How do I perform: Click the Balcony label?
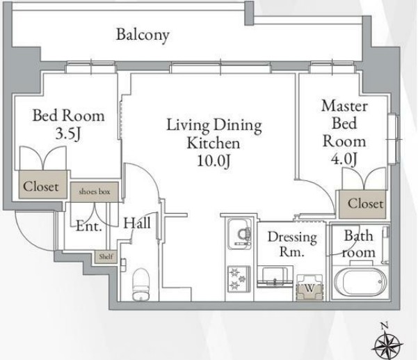click(x=143, y=35)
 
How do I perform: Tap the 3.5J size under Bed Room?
click(x=67, y=134)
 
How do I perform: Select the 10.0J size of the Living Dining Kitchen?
click(x=214, y=161)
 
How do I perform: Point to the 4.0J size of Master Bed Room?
click(x=344, y=159)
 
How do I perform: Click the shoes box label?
click(x=95, y=191)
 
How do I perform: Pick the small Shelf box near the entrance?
click(x=106, y=257)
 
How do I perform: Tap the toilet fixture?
click(x=141, y=284)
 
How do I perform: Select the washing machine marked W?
click(x=310, y=288)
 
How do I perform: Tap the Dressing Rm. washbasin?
click(x=275, y=276)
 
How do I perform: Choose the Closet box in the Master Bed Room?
click(x=362, y=204)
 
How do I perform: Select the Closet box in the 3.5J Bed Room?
click(x=42, y=185)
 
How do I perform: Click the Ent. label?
click(x=89, y=226)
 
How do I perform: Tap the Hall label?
click(x=137, y=223)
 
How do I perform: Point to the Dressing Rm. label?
click(x=292, y=244)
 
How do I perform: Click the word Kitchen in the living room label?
click(x=214, y=143)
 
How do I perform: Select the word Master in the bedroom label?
click(x=344, y=106)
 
